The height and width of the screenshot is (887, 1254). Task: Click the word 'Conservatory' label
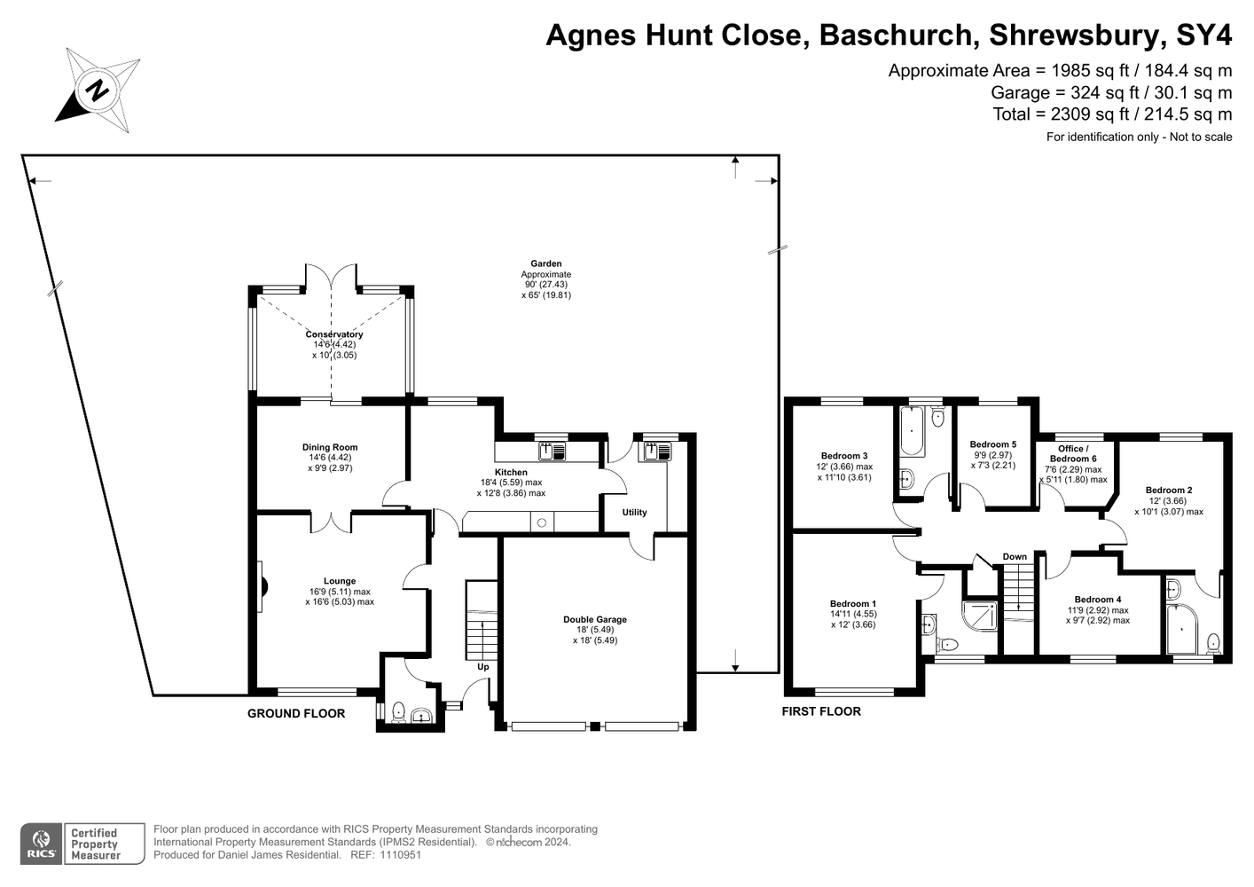click(x=334, y=334)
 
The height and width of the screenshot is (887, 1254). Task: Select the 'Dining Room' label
click(x=330, y=447)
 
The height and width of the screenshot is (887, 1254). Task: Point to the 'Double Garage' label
click(x=595, y=619)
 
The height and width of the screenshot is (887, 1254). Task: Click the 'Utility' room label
click(x=634, y=513)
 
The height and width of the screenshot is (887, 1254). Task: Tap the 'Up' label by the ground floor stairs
click(x=483, y=667)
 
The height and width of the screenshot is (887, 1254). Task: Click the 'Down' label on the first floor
click(x=1015, y=557)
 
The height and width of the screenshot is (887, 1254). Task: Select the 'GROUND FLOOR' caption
click(x=296, y=713)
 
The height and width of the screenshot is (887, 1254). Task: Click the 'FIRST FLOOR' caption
click(x=821, y=711)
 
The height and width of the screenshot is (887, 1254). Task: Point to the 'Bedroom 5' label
click(x=993, y=444)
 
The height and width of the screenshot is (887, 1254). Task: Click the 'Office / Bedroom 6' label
click(x=1073, y=453)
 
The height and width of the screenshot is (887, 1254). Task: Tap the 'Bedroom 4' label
click(x=1098, y=600)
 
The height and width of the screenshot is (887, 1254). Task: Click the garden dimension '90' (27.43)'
click(x=545, y=285)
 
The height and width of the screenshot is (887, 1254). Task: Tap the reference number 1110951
click(x=400, y=855)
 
